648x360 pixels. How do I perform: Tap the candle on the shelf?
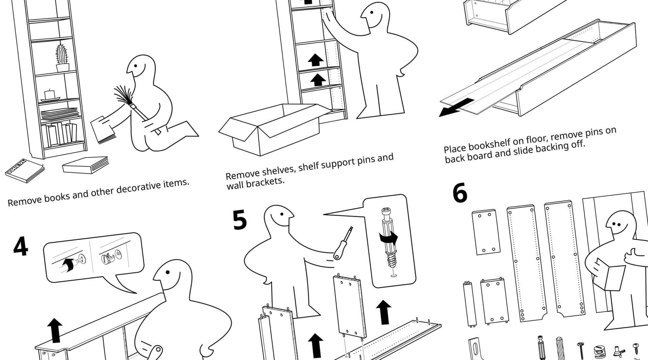pos(50,95)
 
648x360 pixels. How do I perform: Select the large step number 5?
pos(240,220)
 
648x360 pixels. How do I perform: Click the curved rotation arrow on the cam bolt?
pos(388,238)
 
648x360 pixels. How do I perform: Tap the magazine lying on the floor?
pos(25,170)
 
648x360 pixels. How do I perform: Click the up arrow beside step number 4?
pos(55,330)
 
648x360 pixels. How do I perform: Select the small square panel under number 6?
pos(486,232)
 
